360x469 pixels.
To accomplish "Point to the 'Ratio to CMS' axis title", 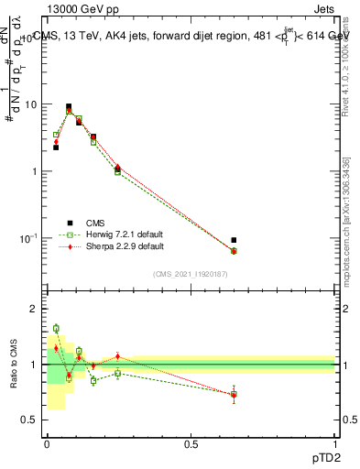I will click(x=14, y=364).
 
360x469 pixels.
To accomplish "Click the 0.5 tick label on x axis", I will click(x=191, y=442).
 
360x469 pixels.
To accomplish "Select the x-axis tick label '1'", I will click(x=334, y=442).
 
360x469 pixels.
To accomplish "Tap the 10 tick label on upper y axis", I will click(x=31, y=104).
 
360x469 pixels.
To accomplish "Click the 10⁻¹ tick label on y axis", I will click(x=29, y=238).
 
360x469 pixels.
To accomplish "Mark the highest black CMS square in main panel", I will click(x=69, y=106).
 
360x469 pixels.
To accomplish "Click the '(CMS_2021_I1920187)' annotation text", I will click(x=190, y=274).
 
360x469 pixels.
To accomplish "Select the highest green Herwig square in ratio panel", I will click(x=56, y=328).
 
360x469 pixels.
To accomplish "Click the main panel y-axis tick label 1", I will click(x=36, y=171).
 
